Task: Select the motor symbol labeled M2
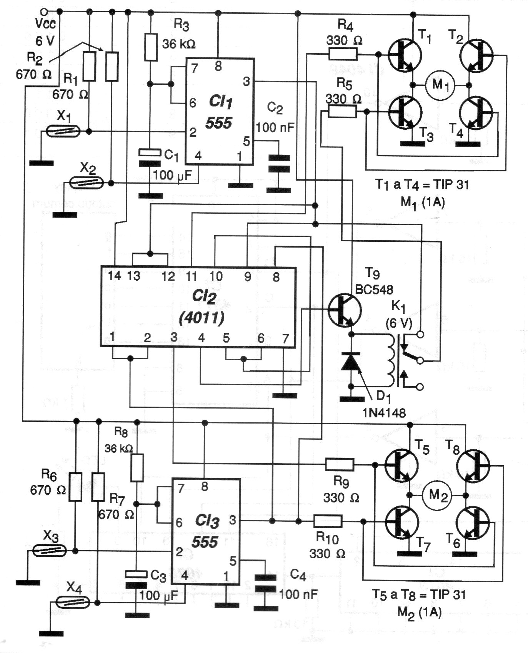point(437,495)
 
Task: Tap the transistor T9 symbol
point(345,310)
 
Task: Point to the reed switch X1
point(63,132)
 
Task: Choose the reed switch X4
point(73,602)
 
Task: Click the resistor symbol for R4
point(343,54)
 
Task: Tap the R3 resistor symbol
point(151,47)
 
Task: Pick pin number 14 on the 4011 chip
point(114,276)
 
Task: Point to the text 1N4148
point(383,413)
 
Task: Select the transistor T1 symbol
point(405,55)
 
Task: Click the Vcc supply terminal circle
point(45,12)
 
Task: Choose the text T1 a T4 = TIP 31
point(421,185)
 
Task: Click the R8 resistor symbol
point(137,468)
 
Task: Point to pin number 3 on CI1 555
point(246,82)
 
